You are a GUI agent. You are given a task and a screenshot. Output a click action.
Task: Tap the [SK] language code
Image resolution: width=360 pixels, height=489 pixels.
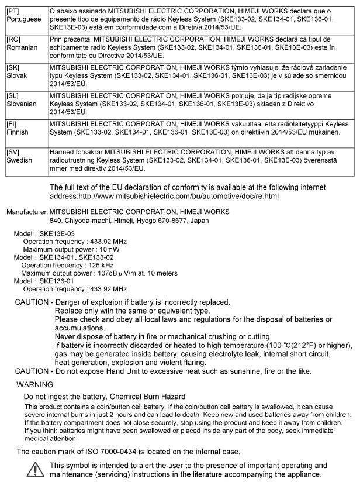13,68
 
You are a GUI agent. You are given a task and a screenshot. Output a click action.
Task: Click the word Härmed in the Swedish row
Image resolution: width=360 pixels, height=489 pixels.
65,153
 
